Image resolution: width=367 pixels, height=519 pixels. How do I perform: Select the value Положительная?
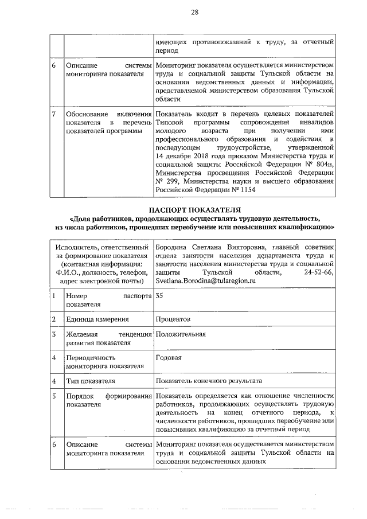pyautogui.click(x=180, y=334)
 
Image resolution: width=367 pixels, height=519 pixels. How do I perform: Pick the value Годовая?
pyautogui.click(x=169, y=357)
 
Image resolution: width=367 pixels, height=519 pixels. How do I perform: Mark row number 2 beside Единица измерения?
pyautogui.click(x=53, y=319)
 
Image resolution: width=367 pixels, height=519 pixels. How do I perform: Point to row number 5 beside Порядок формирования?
pyautogui.click(x=53, y=396)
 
